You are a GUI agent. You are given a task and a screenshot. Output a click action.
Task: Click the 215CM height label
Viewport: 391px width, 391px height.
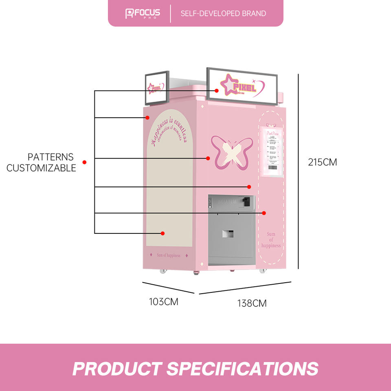(x=323, y=162)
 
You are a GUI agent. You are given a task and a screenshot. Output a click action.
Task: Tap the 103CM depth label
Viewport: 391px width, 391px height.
(x=163, y=302)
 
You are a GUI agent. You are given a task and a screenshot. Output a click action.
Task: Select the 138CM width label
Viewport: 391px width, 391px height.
(x=252, y=303)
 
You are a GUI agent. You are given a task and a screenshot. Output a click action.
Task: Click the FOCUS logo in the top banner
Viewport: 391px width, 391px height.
(x=143, y=13)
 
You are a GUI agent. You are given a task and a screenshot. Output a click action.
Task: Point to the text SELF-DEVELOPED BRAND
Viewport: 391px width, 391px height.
(x=223, y=13)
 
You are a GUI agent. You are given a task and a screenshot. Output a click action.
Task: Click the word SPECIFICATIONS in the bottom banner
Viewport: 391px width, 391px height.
(x=242, y=369)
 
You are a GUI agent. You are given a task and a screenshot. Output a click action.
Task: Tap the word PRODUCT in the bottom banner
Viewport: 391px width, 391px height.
(x=117, y=369)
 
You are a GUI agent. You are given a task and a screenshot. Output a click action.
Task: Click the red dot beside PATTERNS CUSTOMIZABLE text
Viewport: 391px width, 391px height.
(x=84, y=162)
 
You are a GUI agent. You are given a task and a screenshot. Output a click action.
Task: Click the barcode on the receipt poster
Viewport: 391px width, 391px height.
(x=272, y=167)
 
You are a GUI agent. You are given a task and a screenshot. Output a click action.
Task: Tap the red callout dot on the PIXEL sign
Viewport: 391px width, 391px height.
(x=217, y=90)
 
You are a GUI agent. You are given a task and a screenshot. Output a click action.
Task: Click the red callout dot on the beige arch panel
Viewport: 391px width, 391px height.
(x=163, y=233)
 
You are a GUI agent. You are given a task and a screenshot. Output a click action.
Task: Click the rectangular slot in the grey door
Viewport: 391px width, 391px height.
(x=228, y=233)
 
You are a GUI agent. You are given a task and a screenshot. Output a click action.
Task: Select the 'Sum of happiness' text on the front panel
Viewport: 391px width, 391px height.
(x=271, y=240)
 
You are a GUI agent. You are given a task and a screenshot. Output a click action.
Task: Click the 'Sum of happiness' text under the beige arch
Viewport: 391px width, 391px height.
(x=168, y=255)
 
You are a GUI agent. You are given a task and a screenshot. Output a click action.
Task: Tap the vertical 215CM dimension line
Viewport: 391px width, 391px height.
(x=299, y=171)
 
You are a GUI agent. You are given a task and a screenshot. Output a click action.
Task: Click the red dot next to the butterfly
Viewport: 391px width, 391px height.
(x=208, y=158)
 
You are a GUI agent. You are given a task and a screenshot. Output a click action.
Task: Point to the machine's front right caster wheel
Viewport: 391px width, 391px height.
(x=263, y=270)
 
